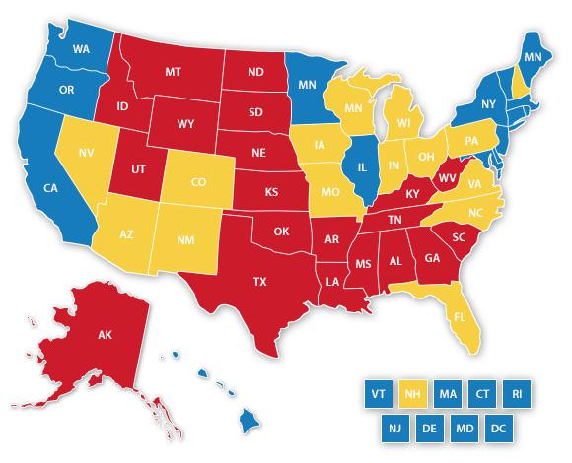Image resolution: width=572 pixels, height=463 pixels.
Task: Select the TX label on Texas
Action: tap(260, 281)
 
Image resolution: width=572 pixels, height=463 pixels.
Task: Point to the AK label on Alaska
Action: tap(105, 335)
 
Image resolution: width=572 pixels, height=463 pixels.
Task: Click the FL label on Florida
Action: tap(458, 318)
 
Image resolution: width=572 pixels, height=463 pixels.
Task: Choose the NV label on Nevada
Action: tap(86, 154)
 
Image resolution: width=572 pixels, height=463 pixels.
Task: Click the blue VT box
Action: tap(375, 392)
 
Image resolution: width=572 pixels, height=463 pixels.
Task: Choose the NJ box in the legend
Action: tap(393, 429)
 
